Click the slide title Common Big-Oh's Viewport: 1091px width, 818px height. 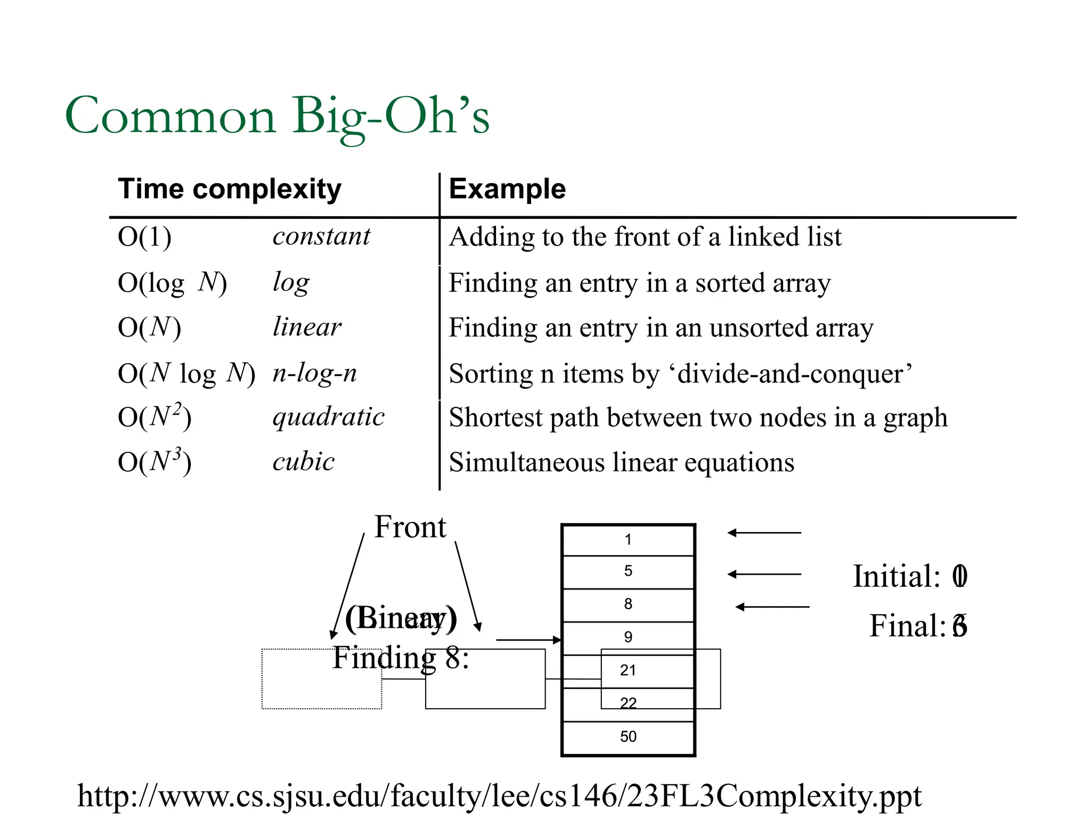(x=277, y=116)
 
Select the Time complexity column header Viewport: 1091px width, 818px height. (x=230, y=189)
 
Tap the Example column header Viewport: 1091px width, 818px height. (x=507, y=189)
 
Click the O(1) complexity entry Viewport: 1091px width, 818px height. (x=144, y=237)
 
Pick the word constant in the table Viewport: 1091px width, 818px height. (x=321, y=236)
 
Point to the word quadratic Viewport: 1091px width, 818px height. (x=328, y=417)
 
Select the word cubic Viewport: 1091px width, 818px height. (x=304, y=462)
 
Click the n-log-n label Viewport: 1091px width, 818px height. (x=314, y=373)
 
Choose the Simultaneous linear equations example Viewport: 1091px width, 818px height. (x=621, y=462)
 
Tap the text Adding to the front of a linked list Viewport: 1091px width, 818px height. (x=645, y=237)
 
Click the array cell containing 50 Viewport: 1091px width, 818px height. (x=628, y=737)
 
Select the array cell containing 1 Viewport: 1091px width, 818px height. (x=628, y=540)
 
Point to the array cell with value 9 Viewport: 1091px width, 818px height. (x=628, y=637)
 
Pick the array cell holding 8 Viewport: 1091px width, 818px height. (x=628, y=604)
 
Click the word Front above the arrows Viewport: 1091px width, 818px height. (x=410, y=527)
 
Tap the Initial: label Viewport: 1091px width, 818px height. (x=897, y=576)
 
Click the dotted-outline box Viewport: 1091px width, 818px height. (x=321, y=679)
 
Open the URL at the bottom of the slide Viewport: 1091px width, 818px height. (x=499, y=797)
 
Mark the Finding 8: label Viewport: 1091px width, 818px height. (x=401, y=658)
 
